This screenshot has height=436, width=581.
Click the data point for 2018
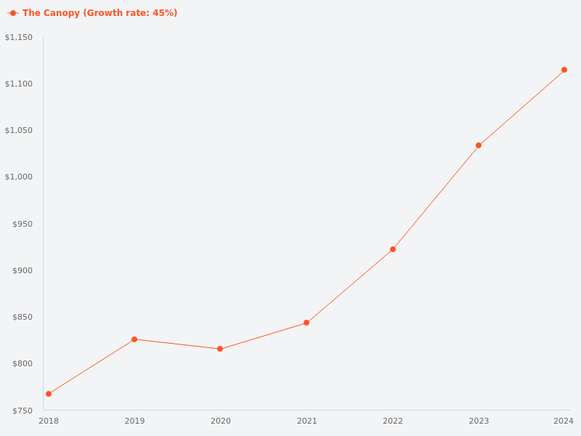(x=49, y=394)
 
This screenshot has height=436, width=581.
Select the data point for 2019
(x=134, y=339)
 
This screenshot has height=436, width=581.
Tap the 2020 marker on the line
(x=220, y=349)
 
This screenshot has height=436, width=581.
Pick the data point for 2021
(x=306, y=323)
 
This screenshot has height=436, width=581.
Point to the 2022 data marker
(x=393, y=249)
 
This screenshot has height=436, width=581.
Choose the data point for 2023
(x=479, y=145)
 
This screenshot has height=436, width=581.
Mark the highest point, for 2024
(x=564, y=70)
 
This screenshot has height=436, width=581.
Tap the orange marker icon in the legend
(x=13, y=13)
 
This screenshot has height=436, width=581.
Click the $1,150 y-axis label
(x=19, y=37)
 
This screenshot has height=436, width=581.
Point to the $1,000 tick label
(x=19, y=177)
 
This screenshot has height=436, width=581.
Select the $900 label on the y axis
(x=23, y=270)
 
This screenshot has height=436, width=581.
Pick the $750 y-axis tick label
(x=23, y=411)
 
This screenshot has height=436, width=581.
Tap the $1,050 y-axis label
(x=19, y=130)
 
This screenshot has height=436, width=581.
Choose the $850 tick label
(x=23, y=317)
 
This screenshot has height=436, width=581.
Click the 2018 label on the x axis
(x=49, y=421)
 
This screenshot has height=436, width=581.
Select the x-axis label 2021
(x=306, y=421)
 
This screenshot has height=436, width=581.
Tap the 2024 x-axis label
(x=563, y=421)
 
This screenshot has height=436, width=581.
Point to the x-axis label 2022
(x=393, y=421)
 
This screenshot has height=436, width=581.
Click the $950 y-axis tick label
(x=23, y=224)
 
